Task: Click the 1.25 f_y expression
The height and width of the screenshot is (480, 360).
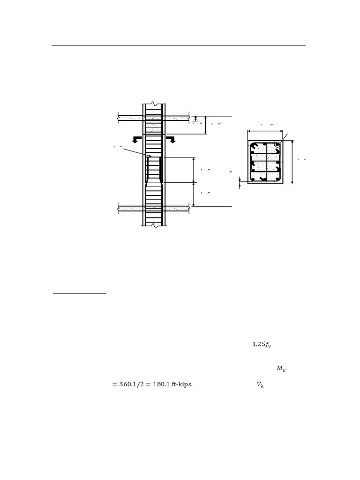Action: click(262, 345)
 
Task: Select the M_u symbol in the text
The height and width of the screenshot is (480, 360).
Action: click(281, 369)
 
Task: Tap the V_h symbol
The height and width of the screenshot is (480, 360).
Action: click(260, 385)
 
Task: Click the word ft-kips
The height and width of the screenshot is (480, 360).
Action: click(180, 385)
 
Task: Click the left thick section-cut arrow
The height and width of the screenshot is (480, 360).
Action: click(136, 139)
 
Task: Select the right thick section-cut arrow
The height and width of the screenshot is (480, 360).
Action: click(172, 139)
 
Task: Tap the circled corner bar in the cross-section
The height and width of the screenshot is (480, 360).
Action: click(277, 145)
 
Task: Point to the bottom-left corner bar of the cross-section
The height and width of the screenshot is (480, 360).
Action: click(253, 179)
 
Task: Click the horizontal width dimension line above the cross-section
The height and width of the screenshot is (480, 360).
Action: click(265, 131)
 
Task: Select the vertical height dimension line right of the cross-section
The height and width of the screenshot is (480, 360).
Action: click(292, 162)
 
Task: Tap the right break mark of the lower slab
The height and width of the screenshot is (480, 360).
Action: click(189, 209)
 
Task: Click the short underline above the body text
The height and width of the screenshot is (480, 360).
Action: click(79, 294)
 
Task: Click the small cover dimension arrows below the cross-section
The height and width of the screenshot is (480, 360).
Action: click(240, 182)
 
